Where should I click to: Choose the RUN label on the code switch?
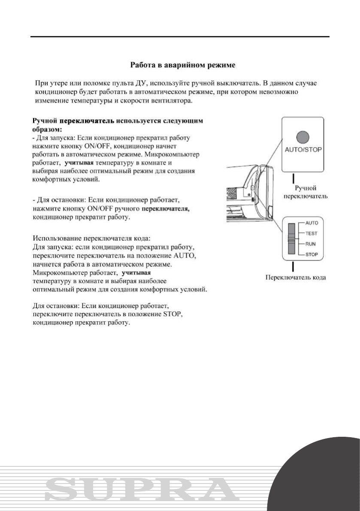click(x=311, y=244)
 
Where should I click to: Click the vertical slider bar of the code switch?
click(x=292, y=239)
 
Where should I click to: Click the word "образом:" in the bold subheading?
click(x=47, y=129)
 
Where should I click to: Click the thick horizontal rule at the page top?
click(x=180, y=37)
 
